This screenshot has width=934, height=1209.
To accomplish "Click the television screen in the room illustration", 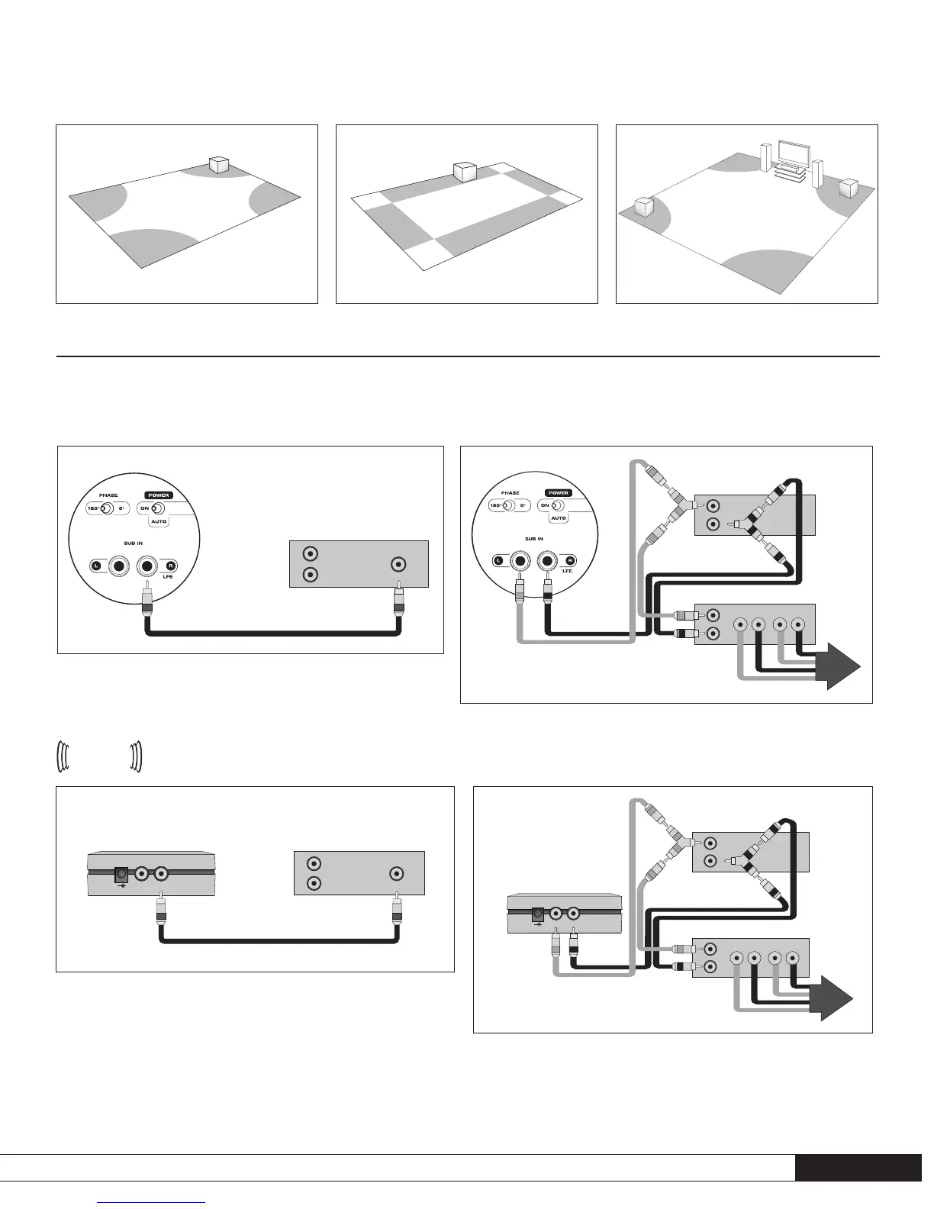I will point(791,153).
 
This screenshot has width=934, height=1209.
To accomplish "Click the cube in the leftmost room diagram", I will point(220,165).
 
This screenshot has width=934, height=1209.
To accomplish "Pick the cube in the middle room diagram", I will point(465,172).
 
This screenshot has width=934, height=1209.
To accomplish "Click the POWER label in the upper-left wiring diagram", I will point(159,495).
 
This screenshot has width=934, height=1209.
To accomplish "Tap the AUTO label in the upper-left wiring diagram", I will point(159,521).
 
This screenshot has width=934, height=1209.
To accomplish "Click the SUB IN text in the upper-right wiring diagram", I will point(534,539).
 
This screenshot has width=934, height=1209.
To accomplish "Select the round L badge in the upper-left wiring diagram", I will point(96,566).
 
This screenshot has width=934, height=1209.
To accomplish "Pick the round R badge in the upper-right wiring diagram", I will point(570,560).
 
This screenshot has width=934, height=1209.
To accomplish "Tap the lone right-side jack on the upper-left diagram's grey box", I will point(398,565).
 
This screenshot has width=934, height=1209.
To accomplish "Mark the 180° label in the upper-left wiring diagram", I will point(95,508).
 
